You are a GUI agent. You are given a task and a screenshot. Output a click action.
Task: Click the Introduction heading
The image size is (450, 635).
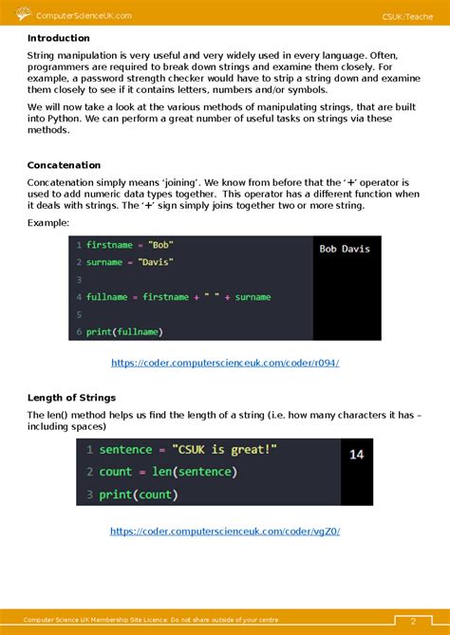tap(58, 38)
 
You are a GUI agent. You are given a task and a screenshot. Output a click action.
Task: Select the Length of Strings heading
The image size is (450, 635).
tap(73, 396)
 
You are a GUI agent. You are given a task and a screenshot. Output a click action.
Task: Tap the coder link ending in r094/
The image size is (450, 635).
tap(225, 363)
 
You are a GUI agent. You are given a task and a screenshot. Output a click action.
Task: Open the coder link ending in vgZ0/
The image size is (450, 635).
tap(225, 532)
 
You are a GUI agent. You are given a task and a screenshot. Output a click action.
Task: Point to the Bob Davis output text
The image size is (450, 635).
tap(345, 249)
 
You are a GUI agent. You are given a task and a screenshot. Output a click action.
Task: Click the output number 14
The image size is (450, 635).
tap(357, 455)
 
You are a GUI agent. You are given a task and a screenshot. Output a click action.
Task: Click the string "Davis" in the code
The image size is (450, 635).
tap(155, 262)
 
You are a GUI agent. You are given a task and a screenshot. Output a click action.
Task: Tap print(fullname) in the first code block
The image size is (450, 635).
tap(124, 331)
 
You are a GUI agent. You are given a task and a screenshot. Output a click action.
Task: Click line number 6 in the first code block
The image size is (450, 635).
tap(78, 331)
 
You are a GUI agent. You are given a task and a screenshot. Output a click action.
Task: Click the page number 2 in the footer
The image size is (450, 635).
tap(414, 621)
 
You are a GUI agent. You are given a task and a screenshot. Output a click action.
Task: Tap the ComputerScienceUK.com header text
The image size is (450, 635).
tap(84, 15)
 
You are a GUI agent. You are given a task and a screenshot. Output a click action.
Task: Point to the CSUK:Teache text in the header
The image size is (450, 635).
tap(407, 15)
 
